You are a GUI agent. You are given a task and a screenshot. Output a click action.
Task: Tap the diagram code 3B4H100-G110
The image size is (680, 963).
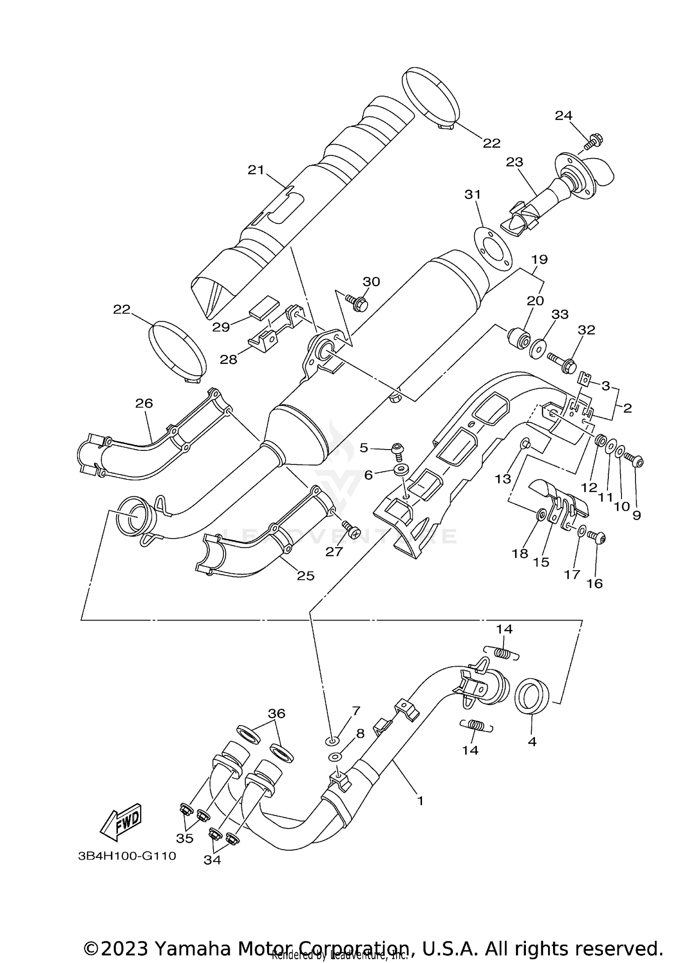[x=127, y=856]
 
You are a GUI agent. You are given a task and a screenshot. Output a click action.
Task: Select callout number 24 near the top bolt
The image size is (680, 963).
[x=563, y=116]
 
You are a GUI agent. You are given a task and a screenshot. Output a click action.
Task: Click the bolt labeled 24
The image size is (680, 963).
[x=590, y=141]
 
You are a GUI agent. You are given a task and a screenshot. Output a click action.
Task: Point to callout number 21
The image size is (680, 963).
[x=256, y=170]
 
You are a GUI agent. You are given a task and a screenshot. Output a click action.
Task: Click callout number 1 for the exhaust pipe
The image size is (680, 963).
[x=420, y=801]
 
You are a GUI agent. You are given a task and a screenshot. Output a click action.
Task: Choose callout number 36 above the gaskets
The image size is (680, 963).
[x=277, y=713]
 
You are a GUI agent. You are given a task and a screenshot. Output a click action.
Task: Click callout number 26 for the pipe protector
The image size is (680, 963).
[x=144, y=403]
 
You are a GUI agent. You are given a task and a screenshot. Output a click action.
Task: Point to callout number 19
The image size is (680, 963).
[x=539, y=260]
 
